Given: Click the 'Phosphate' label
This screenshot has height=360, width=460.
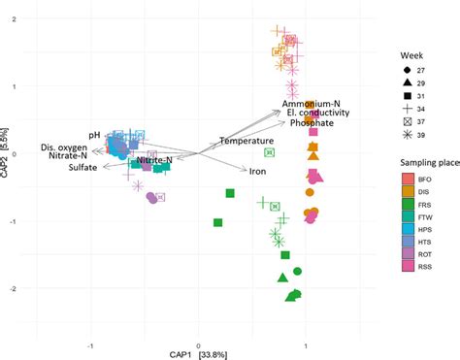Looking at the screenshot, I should [312, 124].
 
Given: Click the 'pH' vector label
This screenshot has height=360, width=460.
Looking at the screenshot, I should [94, 135].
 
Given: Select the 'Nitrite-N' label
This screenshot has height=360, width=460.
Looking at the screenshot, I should [154, 159].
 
